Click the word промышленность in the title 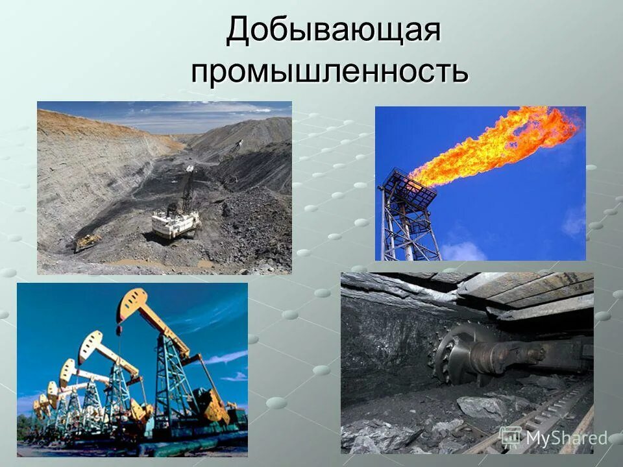pos(329,71)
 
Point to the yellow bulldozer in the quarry pos(87,242)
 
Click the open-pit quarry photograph pos(164,187)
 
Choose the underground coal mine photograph pos(467,363)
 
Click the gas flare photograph pos(480,184)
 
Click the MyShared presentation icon pos(510,437)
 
